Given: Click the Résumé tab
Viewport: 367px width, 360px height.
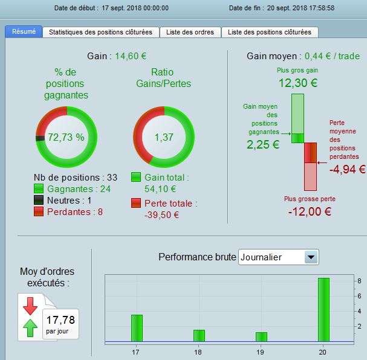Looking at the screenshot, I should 24,31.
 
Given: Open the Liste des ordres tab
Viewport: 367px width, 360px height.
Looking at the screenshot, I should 190,32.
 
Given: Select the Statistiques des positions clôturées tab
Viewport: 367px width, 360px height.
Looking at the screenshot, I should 101,32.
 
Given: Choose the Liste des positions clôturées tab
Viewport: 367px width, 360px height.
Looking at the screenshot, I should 270,32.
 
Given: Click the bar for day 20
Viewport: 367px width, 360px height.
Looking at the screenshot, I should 323,310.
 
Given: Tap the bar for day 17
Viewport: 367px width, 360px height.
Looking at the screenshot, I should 137,328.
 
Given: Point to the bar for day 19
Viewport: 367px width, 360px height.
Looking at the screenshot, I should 261,337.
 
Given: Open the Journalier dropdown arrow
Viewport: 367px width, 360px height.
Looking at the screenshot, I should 311,257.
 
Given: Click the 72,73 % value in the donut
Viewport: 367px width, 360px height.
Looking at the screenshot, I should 66,137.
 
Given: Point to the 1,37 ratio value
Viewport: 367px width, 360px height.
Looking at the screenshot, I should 164,137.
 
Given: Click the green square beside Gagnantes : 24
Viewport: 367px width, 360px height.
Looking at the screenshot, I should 39,189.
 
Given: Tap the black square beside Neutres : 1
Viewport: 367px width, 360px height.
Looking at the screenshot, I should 39,201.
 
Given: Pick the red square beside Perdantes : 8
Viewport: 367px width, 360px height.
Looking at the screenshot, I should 39,212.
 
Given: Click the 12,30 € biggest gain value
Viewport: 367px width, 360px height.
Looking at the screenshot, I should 297,83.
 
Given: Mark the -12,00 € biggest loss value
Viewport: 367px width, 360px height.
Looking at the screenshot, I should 310,211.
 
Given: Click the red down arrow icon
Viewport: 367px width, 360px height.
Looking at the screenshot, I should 30,306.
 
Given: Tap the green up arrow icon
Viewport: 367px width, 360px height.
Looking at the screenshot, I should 30,328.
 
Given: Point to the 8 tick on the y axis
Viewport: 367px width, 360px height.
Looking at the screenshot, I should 359,281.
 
